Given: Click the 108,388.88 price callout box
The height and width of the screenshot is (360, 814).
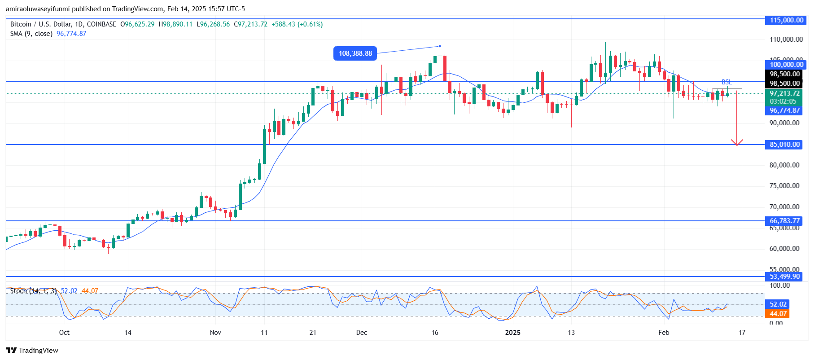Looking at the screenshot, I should [355, 53].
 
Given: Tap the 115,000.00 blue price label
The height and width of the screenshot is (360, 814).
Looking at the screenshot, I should [786, 20].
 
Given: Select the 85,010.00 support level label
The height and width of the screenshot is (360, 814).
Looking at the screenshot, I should [784, 145].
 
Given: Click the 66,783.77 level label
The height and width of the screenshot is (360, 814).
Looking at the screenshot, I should [784, 221].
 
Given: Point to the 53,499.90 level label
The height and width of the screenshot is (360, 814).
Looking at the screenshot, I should [784, 277].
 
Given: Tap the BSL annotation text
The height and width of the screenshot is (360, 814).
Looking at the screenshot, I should [726, 82].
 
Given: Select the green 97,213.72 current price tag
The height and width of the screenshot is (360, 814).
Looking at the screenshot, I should [784, 93].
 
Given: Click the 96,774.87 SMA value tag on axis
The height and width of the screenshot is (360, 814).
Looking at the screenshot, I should [784, 110].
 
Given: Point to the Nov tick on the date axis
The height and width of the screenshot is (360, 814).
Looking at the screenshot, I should [215, 333].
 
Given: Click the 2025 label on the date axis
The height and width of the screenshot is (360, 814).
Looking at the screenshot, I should [512, 333].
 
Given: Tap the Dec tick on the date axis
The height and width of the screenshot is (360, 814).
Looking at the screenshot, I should [361, 333].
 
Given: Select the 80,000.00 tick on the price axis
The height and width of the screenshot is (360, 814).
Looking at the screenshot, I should [784, 165].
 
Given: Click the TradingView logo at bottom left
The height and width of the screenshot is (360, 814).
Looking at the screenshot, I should [32, 351].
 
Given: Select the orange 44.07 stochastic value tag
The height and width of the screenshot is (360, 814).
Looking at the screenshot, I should [778, 314].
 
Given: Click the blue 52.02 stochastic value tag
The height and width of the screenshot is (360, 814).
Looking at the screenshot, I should [778, 304].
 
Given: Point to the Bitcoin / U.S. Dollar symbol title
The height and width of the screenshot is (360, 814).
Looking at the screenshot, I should [63, 24].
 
